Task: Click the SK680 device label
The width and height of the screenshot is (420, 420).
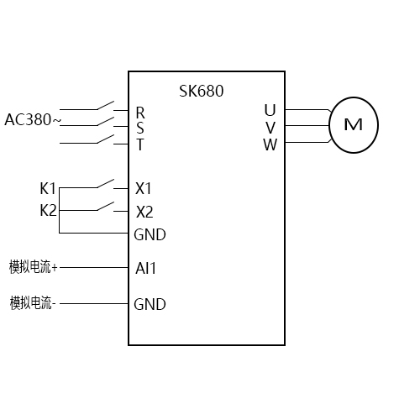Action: (x=202, y=91)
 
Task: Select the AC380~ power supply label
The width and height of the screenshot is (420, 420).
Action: (x=33, y=119)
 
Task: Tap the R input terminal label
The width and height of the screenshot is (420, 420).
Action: (x=139, y=112)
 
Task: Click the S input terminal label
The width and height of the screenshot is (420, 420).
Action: (x=139, y=128)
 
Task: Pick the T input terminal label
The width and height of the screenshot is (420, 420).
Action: (x=139, y=144)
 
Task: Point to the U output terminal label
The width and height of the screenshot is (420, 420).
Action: (x=270, y=110)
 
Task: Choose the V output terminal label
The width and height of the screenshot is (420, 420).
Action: (x=270, y=127)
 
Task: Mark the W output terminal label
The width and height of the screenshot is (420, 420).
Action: (x=270, y=144)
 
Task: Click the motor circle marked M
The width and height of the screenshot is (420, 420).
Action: (x=354, y=125)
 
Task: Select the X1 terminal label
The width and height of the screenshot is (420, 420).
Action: (x=144, y=187)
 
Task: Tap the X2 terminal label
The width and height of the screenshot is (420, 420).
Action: (x=144, y=211)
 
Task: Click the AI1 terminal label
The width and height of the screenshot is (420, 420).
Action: (x=146, y=269)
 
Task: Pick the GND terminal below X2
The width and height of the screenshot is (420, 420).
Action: (x=150, y=234)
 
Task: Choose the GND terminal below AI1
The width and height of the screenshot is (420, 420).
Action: (x=150, y=304)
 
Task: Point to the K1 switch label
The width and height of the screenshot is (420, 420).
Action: (x=49, y=187)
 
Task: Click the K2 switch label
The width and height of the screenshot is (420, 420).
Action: (x=49, y=210)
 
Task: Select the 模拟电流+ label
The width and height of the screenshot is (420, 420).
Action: (x=34, y=267)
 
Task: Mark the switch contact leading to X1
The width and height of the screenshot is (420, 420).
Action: (x=105, y=182)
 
